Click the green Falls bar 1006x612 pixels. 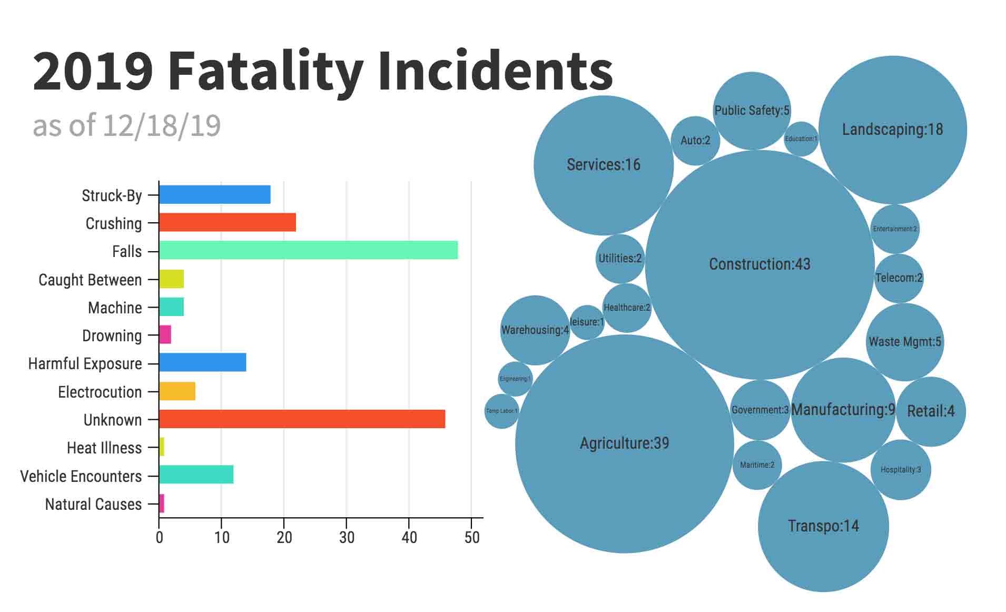pyautogui.click(x=308, y=250)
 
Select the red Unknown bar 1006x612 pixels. pyautogui.click(x=302, y=419)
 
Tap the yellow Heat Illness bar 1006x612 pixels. pyautogui.click(x=162, y=447)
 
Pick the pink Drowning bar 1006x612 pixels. pyautogui.click(x=165, y=334)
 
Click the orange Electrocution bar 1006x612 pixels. pyautogui.click(x=177, y=391)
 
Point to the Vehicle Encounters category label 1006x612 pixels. pyautogui.click(x=81, y=476)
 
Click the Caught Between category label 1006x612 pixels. pyautogui.click(x=90, y=280)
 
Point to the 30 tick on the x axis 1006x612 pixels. pyautogui.click(x=347, y=537)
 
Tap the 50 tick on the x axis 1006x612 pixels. pyautogui.click(x=472, y=537)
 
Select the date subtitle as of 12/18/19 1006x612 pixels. pyautogui.click(x=126, y=125)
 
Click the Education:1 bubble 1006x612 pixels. pyautogui.click(x=801, y=139)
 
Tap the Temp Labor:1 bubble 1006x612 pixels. pyautogui.click(x=501, y=411)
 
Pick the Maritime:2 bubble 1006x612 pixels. pyautogui.click(x=757, y=465)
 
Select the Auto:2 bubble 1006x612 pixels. pyautogui.click(x=695, y=141)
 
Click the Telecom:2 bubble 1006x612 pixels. pyautogui.click(x=899, y=278)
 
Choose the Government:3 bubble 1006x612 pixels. pyautogui.click(x=760, y=410)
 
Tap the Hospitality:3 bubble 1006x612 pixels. pyautogui.click(x=901, y=469)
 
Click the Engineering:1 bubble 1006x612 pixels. pyautogui.click(x=515, y=379)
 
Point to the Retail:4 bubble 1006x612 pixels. pyautogui.click(x=931, y=411)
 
